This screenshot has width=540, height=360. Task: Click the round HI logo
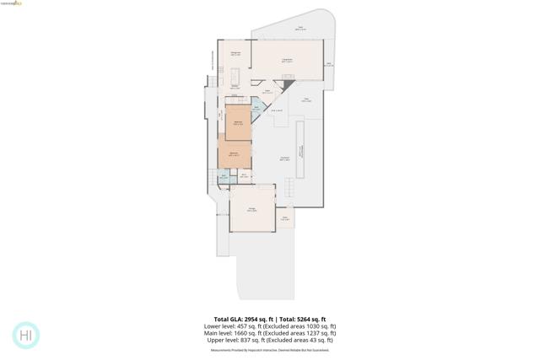pos(26,336)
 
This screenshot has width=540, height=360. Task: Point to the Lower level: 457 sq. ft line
pos(235,326)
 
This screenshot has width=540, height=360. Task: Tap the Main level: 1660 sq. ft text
pos(235,333)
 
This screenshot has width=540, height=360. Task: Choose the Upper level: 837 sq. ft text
pos(237,340)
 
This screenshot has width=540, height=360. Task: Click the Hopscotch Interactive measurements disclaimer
pos(269,350)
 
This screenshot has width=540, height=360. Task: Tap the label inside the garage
pos(252,209)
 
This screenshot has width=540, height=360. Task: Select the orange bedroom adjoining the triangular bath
pos(238,122)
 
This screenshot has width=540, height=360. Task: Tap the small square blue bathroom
pos(224,177)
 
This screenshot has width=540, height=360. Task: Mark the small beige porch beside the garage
pos(285,218)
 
